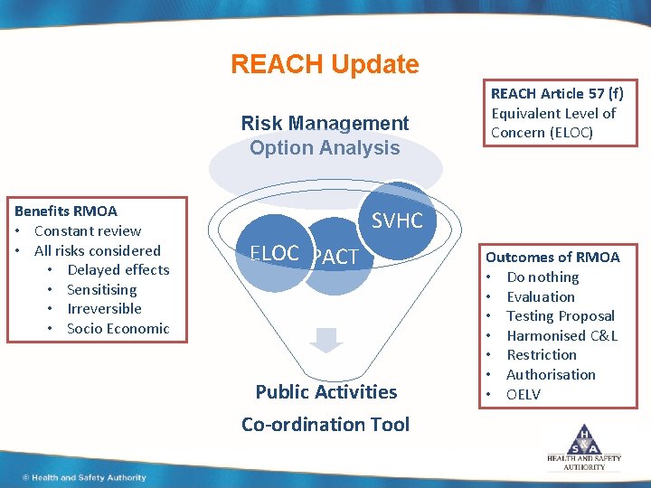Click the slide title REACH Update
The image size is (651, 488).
(x=325, y=65)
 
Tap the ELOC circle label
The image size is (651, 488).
(x=274, y=253)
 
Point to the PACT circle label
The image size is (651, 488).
(x=335, y=258)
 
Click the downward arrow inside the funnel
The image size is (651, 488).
(x=326, y=340)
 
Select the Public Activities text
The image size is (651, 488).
(x=325, y=391)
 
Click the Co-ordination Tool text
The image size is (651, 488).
(x=325, y=424)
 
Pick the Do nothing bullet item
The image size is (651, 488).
(x=542, y=277)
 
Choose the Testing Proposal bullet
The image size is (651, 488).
(x=560, y=316)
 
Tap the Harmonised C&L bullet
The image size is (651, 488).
(x=561, y=335)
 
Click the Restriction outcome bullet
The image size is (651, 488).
(x=541, y=355)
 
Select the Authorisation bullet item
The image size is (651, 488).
(x=551, y=374)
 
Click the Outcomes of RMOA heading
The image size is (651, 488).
(x=552, y=258)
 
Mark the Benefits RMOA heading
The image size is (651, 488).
(x=66, y=211)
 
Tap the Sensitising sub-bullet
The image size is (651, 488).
(x=101, y=289)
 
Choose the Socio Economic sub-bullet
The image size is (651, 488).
(x=118, y=328)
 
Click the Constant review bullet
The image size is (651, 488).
(x=87, y=231)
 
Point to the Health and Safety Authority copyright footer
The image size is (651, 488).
(x=83, y=477)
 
